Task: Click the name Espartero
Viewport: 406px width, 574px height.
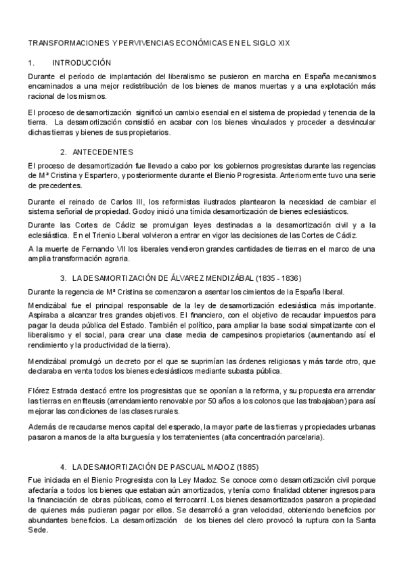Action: pyautogui.click(x=101, y=175)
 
